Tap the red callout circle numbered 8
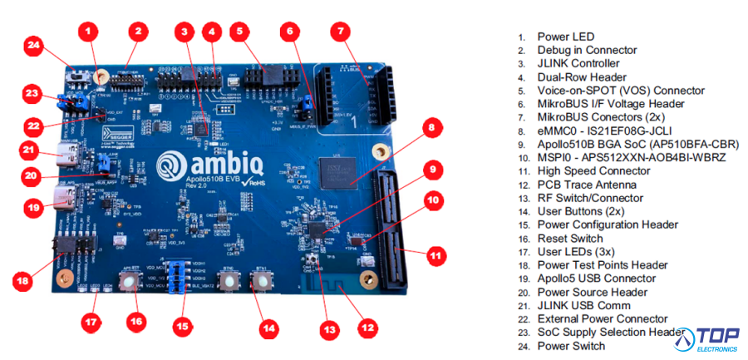pos(431,128)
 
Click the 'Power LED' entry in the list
pos(565,37)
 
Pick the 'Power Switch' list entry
pos(571,345)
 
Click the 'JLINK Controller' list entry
pos(578,63)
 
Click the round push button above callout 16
pos(130,283)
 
